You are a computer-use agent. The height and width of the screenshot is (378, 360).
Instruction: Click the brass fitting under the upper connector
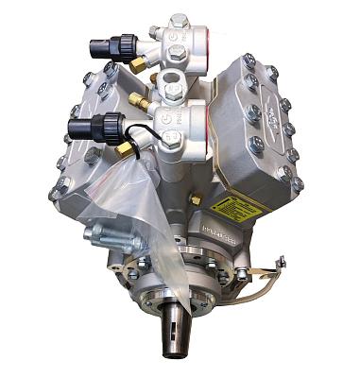138,64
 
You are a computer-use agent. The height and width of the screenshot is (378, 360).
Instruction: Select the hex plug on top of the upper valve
176,20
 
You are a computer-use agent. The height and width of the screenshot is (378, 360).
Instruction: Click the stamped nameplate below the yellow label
219,232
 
